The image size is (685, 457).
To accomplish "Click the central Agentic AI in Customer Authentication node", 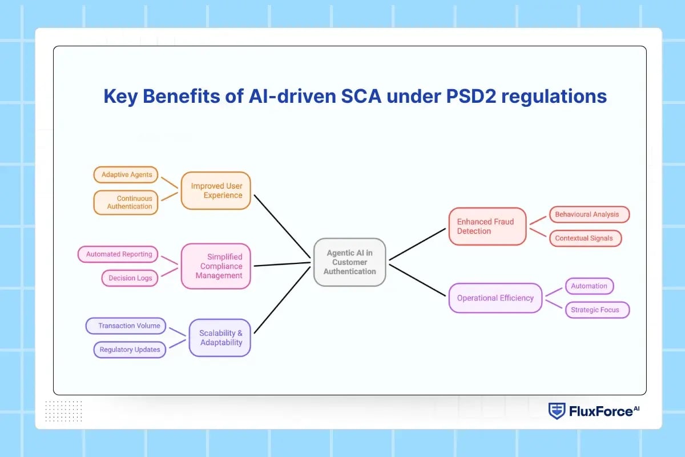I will point(350,262).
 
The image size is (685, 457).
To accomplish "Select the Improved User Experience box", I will point(216,191).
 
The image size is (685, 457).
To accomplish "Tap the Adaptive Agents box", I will point(126,175).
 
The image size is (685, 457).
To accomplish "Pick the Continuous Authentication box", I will point(126,202).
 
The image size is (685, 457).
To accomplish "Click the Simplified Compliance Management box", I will point(216,266).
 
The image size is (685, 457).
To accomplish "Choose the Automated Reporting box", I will point(119,254).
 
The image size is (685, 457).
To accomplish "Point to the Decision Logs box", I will point(130,278).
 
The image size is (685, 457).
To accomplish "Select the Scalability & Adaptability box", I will point(220,338).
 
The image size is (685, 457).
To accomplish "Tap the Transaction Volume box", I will point(126,326).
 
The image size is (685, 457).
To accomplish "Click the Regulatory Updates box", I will point(130,350).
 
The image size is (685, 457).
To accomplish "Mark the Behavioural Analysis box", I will point(589,214).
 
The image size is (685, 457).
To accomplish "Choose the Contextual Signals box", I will point(585,238).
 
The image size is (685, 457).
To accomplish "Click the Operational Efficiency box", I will point(495,298).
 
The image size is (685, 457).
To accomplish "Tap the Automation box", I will point(589,286).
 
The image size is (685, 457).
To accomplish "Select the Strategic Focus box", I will point(597,310).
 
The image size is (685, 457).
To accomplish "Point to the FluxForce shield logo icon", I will point(557,411).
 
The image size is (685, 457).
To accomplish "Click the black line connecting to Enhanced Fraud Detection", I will point(418,244).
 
